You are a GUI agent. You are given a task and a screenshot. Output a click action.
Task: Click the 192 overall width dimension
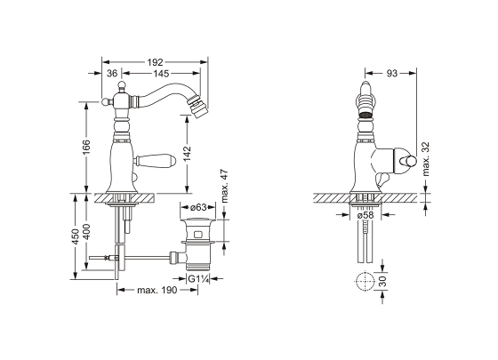pyautogui.click(x=155, y=62)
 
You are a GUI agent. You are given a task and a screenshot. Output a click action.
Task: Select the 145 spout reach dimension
pyautogui.click(x=161, y=73)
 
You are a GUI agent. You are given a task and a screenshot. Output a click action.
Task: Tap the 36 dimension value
pyautogui.click(x=112, y=73)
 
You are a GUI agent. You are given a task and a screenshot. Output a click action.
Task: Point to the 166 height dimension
pyautogui.click(x=86, y=148)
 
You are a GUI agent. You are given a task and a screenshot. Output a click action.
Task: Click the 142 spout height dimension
pyautogui.click(x=188, y=153)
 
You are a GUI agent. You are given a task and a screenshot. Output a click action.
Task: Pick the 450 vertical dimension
pyautogui.click(x=75, y=236)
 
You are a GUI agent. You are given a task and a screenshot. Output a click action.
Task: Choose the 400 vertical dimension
pyautogui.click(x=86, y=232)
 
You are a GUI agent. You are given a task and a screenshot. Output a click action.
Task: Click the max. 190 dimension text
pyautogui.click(x=157, y=290)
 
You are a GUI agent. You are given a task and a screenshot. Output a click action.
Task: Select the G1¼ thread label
pyautogui.click(x=198, y=279)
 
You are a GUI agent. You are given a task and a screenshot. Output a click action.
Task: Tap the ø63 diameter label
pyautogui.click(x=198, y=207)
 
